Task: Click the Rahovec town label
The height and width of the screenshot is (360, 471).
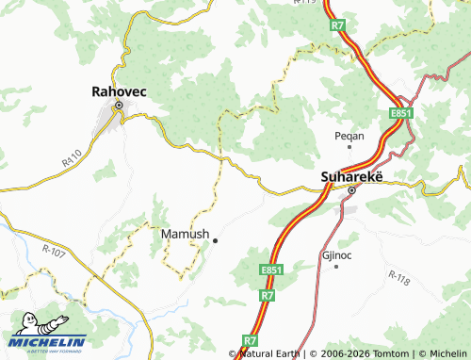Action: click(119, 91)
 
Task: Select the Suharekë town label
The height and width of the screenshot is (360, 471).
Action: click(350, 175)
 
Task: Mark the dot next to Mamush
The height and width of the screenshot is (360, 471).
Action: click(215, 240)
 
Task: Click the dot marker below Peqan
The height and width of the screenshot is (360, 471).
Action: click(349, 146)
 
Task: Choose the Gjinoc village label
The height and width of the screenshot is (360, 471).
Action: click(336, 255)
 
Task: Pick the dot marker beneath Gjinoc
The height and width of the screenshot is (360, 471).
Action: click(336, 266)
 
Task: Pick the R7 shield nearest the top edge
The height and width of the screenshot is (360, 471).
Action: click(338, 26)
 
